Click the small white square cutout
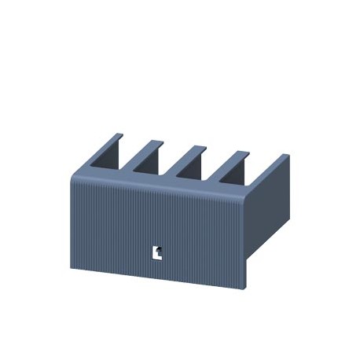[157, 252]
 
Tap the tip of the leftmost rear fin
[114, 136]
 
